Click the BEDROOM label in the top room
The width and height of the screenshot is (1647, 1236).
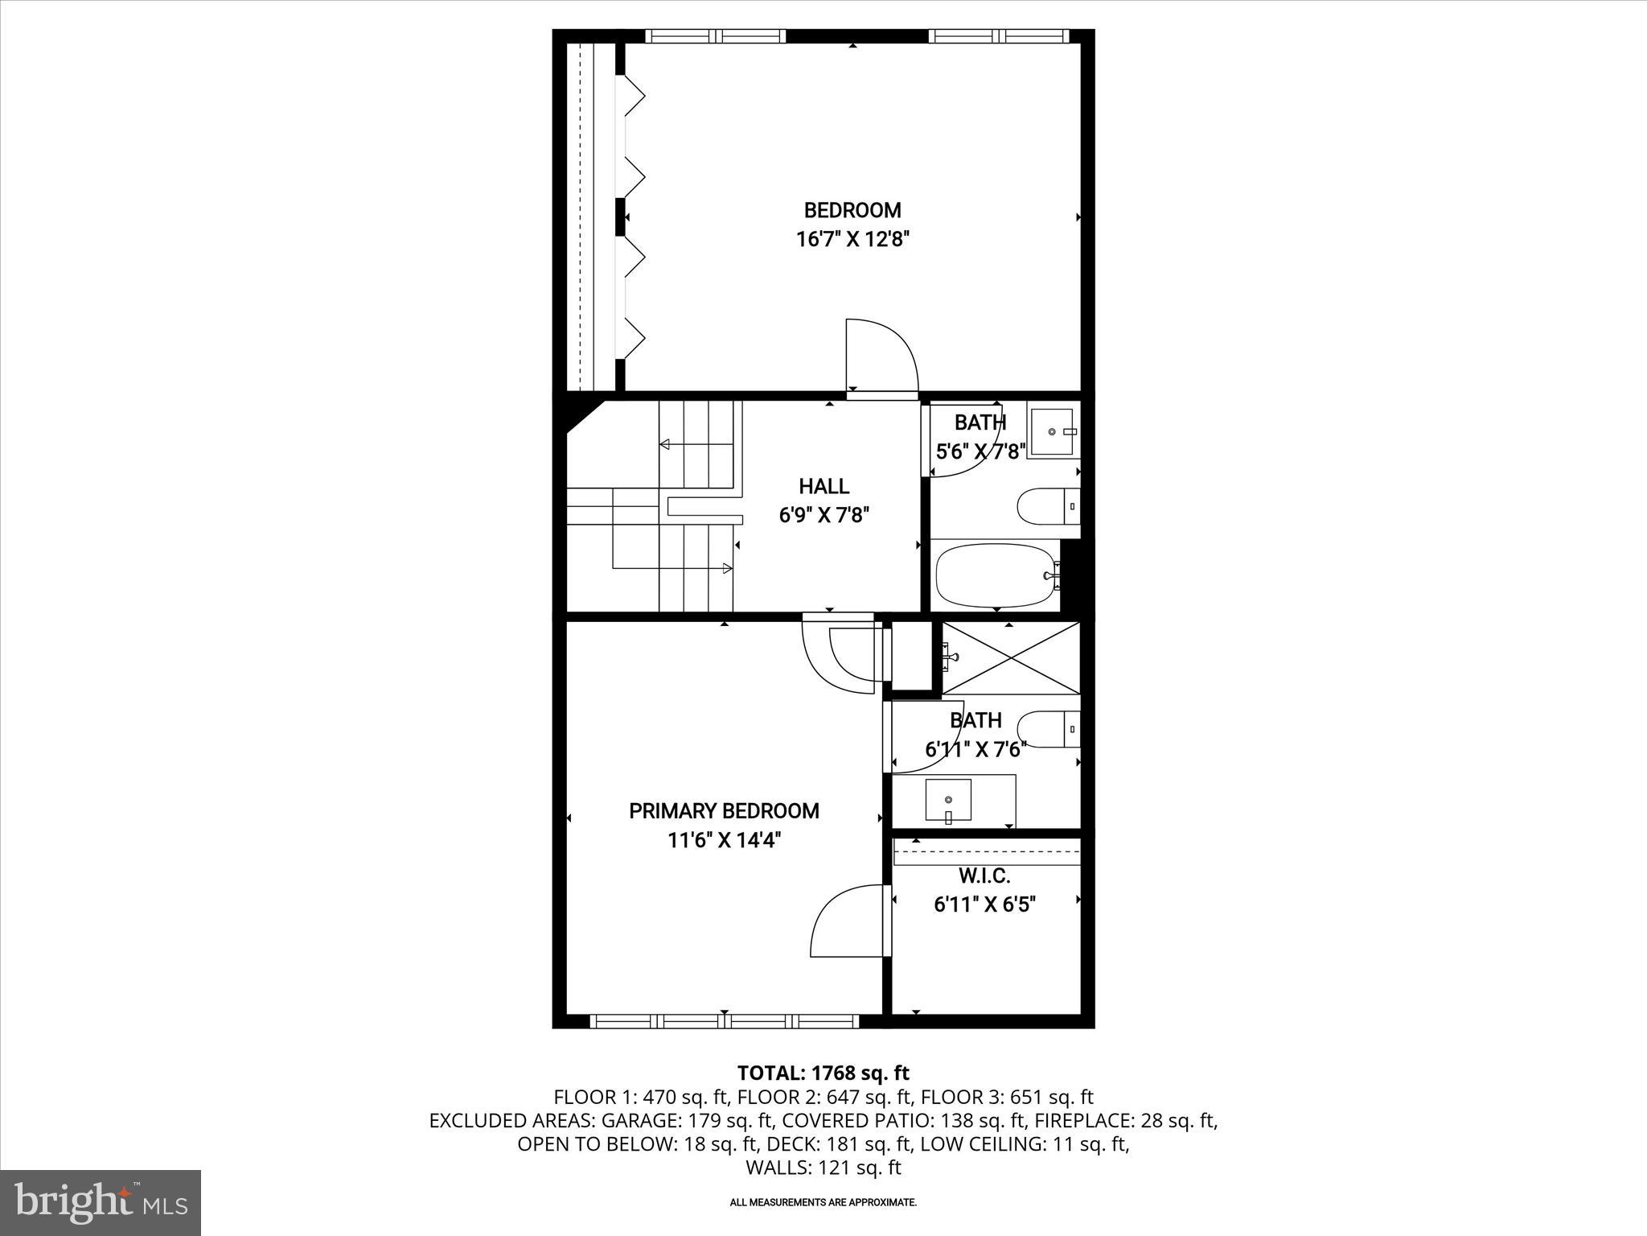[852, 211]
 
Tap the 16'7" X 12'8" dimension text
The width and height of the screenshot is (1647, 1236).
[852, 240]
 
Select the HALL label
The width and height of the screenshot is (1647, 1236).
[824, 486]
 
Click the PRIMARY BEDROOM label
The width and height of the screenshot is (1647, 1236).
[724, 811]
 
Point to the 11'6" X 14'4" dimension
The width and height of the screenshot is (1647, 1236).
[724, 841]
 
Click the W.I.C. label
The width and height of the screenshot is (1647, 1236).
[984, 876]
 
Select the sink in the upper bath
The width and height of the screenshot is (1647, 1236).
[1052, 432]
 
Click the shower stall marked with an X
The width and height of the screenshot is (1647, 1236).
[1010, 657]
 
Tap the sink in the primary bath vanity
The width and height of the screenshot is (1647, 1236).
[949, 801]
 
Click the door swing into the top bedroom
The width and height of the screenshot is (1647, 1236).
[881, 356]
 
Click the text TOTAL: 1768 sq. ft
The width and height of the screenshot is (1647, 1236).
[823, 1073]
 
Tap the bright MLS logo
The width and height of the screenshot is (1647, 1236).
[101, 1202]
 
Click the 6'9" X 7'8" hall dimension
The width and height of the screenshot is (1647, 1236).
[824, 515]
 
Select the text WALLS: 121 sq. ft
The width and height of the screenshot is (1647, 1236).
[823, 1168]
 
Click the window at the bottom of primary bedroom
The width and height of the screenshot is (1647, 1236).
[724, 1021]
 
